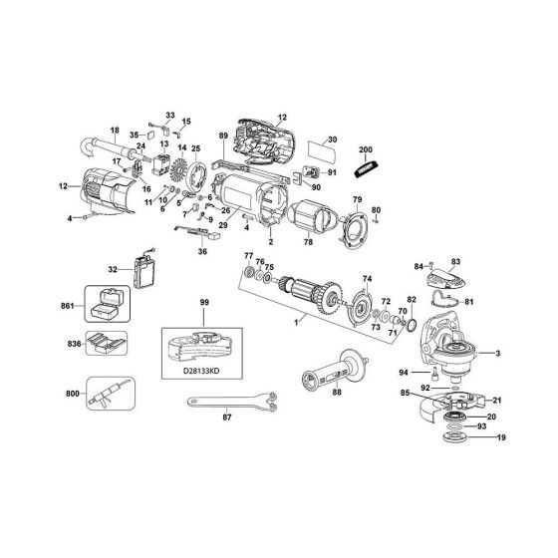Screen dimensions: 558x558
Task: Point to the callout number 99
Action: [x=203, y=301]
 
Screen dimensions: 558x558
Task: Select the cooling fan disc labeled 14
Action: [x=181, y=172]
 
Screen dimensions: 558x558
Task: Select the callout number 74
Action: [x=367, y=279]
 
